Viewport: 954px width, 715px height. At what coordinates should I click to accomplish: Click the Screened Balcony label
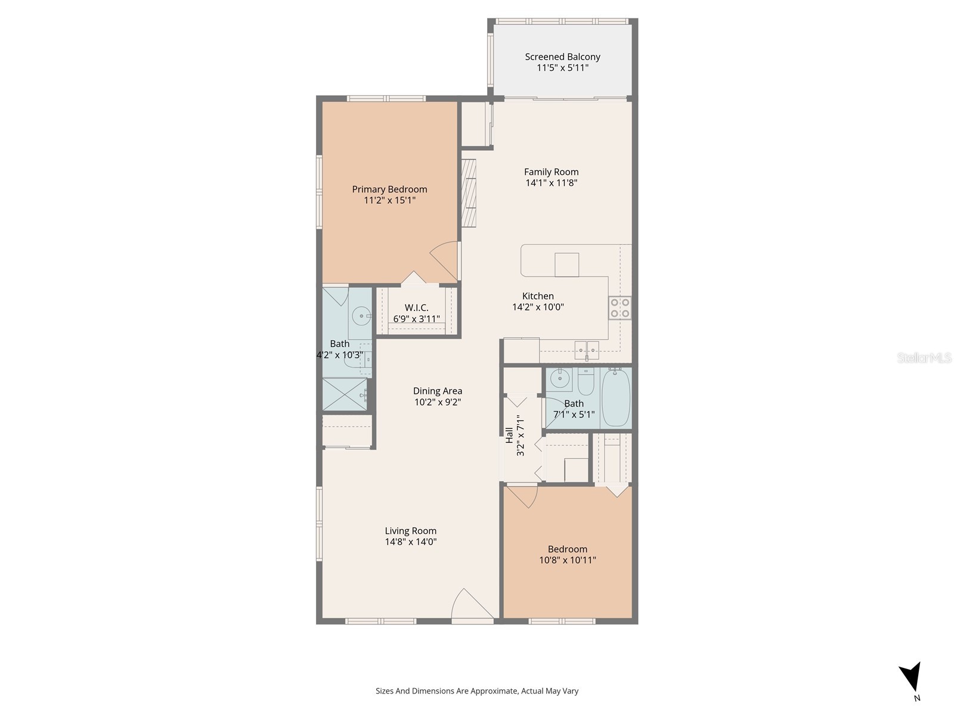[x=562, y=57]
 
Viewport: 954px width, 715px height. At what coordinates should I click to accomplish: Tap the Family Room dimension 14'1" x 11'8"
[x=551, y=183]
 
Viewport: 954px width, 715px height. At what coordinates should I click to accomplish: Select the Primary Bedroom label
[x=389, y=189]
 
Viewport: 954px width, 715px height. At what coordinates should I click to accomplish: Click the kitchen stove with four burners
[x=620, y=308]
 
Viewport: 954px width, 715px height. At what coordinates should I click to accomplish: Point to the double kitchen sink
[x=587, y=349]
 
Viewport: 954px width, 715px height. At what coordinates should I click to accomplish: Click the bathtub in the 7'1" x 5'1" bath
[x=616, y=397]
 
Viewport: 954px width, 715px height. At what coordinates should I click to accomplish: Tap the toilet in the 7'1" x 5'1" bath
[x=586, y=382]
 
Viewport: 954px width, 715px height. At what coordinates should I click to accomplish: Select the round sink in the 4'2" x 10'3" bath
[x=360, y=316]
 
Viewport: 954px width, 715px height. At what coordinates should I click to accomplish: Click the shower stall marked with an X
[x=345, y=394]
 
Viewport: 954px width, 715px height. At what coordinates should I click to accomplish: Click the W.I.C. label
[x=416, y=307]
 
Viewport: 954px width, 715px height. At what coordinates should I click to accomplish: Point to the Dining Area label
[x=438, y=391]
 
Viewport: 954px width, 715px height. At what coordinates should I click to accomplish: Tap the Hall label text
[x=509, y=435]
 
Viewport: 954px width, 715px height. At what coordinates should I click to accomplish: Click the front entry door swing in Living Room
[x=471, y=605]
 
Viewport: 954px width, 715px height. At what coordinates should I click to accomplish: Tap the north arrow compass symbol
[x=911, y=678]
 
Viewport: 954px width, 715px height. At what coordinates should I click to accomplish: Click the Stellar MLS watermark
[x=924, y=358]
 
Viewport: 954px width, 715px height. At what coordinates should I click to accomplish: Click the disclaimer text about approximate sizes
[x=476, y=691]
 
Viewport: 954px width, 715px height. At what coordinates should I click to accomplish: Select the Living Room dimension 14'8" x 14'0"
[x=410, y=542]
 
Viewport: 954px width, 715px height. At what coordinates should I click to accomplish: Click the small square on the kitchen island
[x=566, y=265]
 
